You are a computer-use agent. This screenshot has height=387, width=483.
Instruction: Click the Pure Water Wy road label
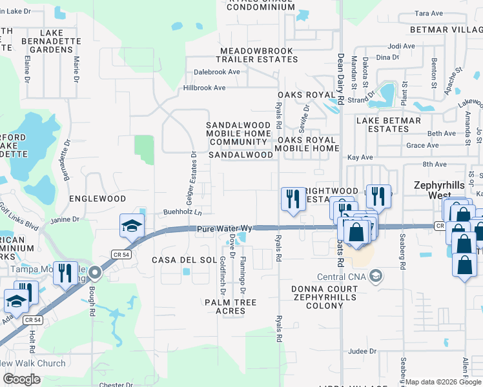point(223,228)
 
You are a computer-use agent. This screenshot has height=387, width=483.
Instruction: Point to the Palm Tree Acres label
point(231,306)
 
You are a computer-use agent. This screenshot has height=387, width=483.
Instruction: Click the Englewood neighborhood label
point(97,199)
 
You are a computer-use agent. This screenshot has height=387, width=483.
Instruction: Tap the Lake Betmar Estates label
point(389,124)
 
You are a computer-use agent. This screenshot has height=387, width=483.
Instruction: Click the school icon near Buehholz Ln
point(132,226)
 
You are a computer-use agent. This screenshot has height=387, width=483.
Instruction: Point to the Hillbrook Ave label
point(204,87)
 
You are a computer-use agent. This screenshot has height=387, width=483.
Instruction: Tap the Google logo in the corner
point(22,379)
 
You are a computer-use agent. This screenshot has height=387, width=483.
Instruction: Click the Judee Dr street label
point(361,352)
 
